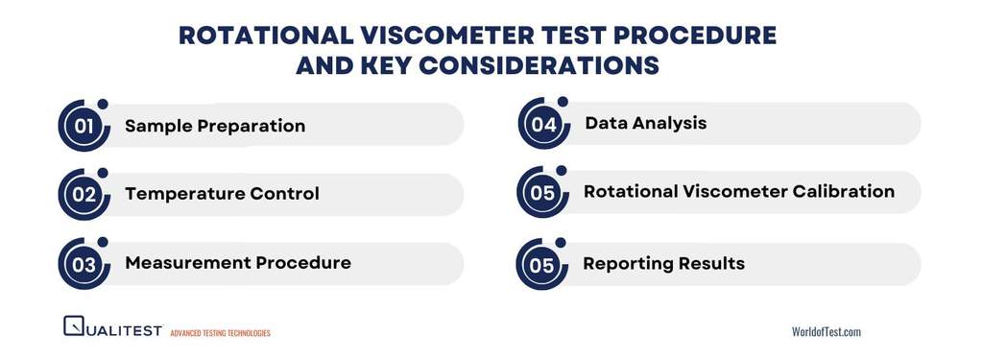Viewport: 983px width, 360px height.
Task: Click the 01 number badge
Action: pyautogui.click(x=84, y=127)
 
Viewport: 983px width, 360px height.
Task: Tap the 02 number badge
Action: pyautogui.click(x=84, y=195)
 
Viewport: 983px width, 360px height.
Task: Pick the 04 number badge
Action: pyautogui.click(x=543, y=124)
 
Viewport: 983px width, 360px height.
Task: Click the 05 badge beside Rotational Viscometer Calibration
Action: pyautogui.click(x=542, y=193)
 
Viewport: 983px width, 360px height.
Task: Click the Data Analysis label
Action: pyautogui.click(x=645, y=123)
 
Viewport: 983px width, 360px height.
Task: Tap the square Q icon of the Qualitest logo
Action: pyautogui.click(x=73, y=326)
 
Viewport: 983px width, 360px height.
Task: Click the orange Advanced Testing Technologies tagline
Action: pyautogui.click(x=220, y=333)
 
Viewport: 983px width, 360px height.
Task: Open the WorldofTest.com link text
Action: pyautogui.click(x=826, y=331)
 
